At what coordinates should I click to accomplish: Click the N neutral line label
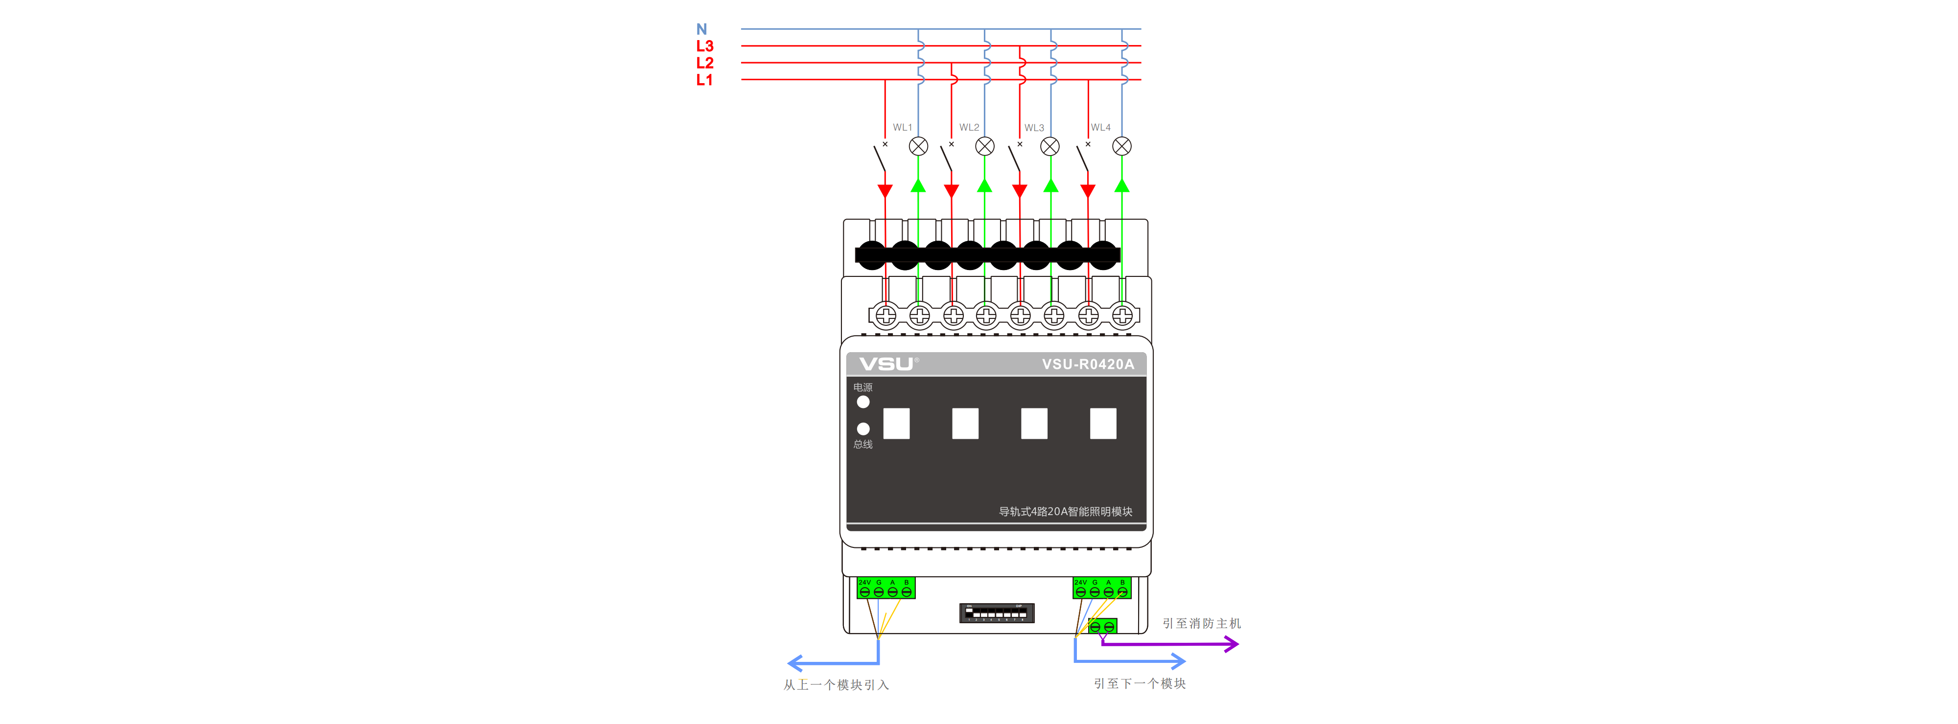(701, 29)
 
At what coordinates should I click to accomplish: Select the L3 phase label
(704, 46)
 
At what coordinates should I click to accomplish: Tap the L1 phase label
(704, 80)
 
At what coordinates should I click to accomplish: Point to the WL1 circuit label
(902, 128)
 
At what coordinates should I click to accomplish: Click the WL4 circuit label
(1100, 128)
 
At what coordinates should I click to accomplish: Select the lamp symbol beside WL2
(984, 146)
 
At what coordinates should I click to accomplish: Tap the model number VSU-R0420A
(1088, 364)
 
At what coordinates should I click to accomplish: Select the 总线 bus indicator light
(862, 429)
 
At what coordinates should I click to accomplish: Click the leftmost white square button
(896, 423)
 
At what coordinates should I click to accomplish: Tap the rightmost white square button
(1102, 423)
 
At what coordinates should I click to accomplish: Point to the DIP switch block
(997, 612)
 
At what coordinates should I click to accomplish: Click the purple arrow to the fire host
(1170, 644)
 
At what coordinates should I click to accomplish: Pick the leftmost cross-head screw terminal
(886, 315)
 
